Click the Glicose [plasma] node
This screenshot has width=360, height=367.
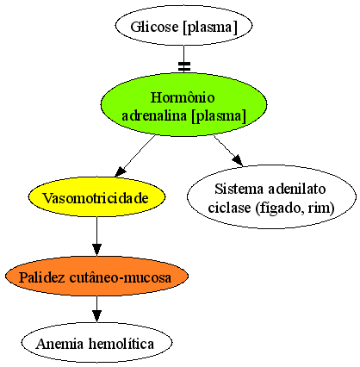pos(183,26)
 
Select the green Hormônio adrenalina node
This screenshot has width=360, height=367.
pos(183,104)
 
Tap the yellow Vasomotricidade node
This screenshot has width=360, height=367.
pos(96,197)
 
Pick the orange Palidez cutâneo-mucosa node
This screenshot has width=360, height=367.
pos(96,276)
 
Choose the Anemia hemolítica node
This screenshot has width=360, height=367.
pos(96,342)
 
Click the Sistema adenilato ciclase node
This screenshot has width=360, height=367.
pos(271,197)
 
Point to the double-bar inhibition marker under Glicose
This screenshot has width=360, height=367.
pos(183,66)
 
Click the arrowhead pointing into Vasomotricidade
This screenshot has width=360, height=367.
pos(121,171)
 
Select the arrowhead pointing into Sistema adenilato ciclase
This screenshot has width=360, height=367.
pos(238,160)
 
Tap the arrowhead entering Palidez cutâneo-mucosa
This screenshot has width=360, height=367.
pos(96,250)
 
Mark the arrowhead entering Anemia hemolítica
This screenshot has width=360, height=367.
pos(96,316)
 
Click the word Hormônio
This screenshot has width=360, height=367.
pos(183,97)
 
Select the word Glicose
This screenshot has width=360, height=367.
pos(154,27)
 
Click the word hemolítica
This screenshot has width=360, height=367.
pos(121,344)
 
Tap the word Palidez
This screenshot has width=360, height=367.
pos(42,277)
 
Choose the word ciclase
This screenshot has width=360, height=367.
pos(229,208)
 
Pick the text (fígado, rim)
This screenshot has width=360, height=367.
pos(295,208)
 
